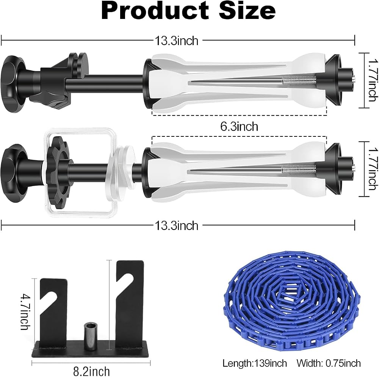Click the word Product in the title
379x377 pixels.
pos(155,11)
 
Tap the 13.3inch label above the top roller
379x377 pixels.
pos(177,41)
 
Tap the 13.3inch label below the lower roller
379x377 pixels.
pos(177,226)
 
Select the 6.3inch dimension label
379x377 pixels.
pos(239,127)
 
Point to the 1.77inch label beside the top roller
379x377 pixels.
pos(372,80)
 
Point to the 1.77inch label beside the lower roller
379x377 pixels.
pos(372,169)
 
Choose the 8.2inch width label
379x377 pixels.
pos(91,371)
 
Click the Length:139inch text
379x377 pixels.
pos(255,363)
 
